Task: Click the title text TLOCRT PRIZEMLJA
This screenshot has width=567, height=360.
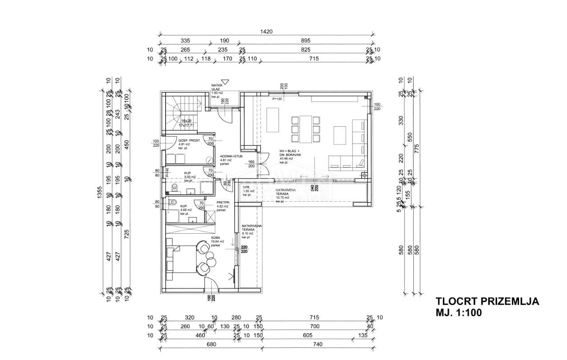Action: click(x=487, y=302)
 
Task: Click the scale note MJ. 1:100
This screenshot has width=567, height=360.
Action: click(x=459, y=313)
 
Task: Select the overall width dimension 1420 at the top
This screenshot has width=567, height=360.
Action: click(x=266, y=32)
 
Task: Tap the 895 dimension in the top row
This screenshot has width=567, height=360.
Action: click(x=306, y=41)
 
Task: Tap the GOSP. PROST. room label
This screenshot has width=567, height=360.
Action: click(x=177, y=141)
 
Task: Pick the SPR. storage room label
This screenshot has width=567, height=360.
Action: click(x=246, y=187)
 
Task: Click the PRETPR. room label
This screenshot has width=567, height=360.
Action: click(x=223, y=203)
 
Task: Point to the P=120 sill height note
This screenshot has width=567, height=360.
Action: click(x=276, y=98)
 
